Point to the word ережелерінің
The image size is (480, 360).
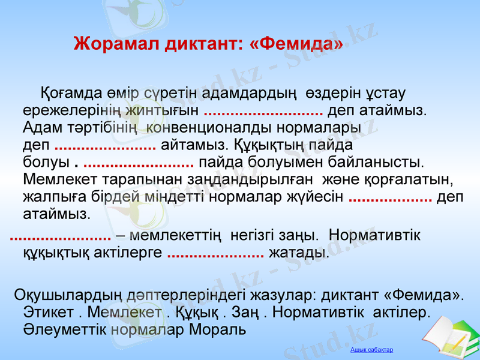pyautogui.click(x=72, y=111)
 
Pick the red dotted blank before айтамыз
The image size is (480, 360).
pyautogui.click(x=106, y=145)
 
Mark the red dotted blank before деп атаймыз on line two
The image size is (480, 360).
pyautogui.click(x=264, y=112)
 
